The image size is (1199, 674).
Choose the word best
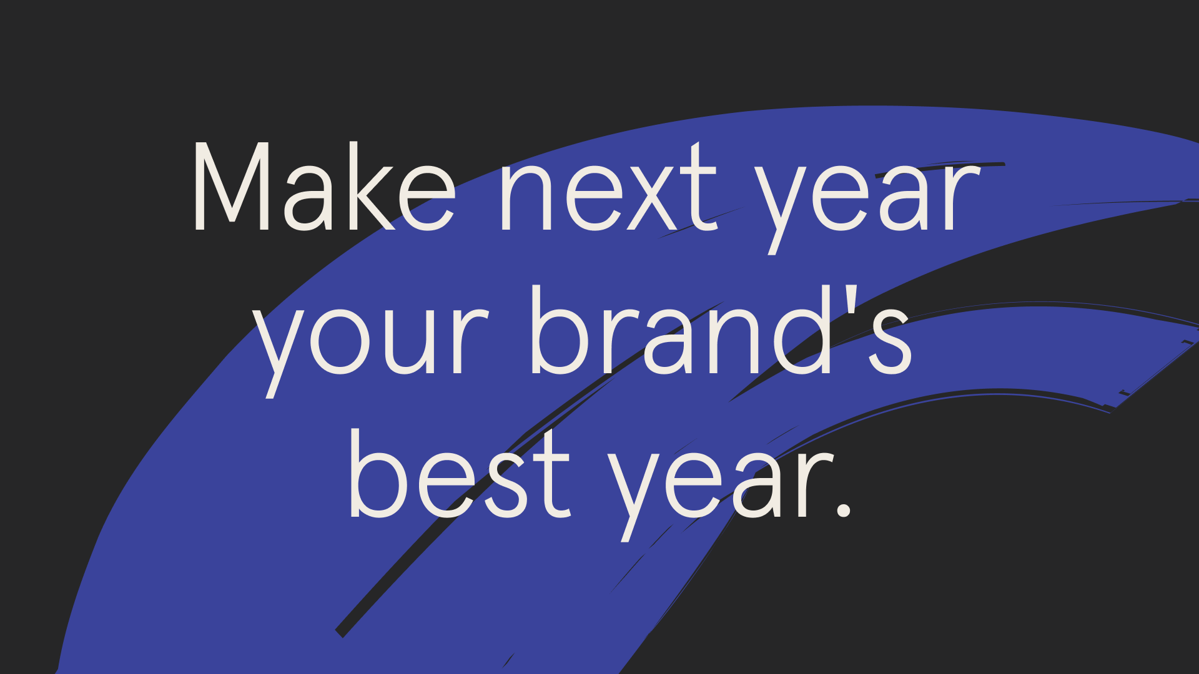pos(459,474)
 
